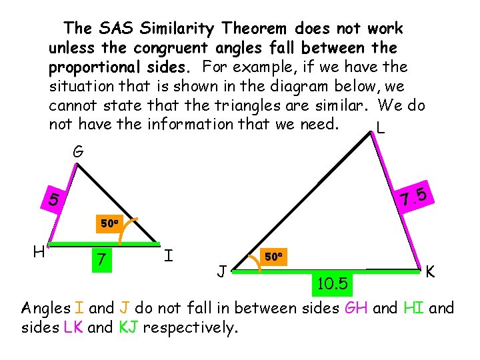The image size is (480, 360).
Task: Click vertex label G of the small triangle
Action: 78,153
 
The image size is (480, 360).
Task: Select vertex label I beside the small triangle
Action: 169,255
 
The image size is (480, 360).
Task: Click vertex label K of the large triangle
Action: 431,272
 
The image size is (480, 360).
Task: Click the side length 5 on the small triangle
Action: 54,199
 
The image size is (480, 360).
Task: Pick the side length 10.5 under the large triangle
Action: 331,285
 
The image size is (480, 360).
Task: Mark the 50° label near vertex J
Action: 275,257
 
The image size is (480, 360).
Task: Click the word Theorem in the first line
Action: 254,29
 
